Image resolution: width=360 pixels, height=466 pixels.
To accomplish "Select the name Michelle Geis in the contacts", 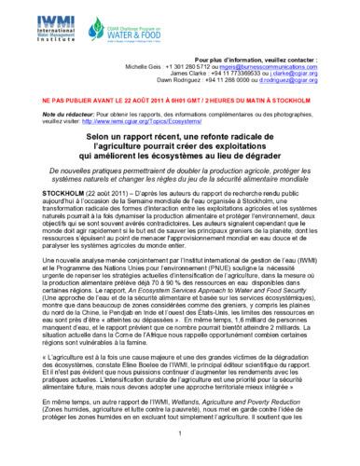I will tap(143, 68).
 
